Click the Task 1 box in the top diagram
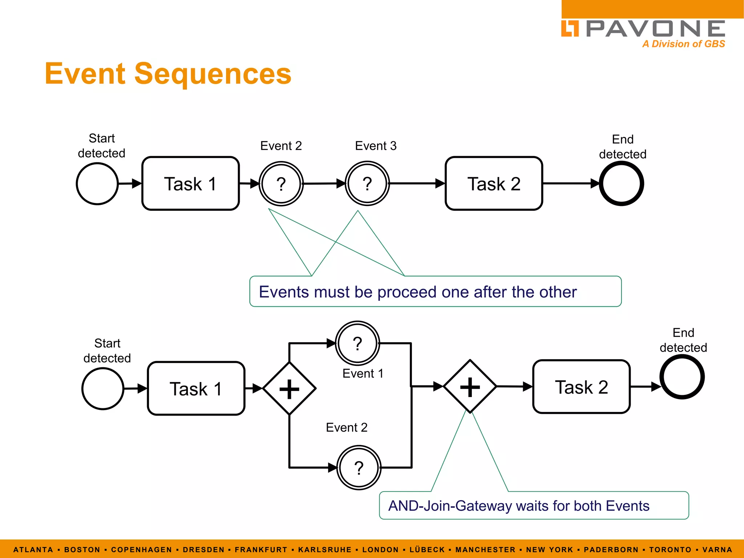pos(190,183)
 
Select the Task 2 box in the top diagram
pos(494,183)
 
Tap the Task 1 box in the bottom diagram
pos(196,388)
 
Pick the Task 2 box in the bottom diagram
pos(581,387)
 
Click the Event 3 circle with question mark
pos(367,183)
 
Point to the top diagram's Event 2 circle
pos(281,183)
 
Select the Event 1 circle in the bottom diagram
pos(357,343)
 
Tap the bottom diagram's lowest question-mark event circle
pos(359,468)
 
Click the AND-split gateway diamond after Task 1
pos(289,388)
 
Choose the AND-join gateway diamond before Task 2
pos(470,387)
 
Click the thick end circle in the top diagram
pos(621,183)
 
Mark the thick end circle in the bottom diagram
pos(682,377)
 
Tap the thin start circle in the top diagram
pos(97,183)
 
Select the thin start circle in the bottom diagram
pos(103,388)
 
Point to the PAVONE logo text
pos(655,29)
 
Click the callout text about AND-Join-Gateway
pos(518,506)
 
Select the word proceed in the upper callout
pos(407,292)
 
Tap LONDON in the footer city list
pos(380,550)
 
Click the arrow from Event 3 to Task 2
pos(416,183)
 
